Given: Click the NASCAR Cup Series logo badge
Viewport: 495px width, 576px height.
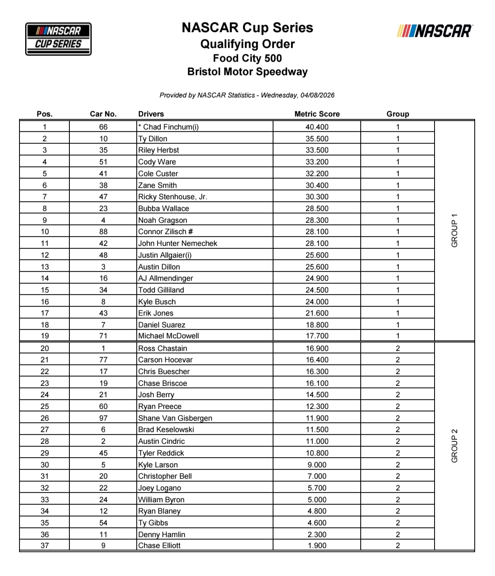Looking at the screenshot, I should point(58,39).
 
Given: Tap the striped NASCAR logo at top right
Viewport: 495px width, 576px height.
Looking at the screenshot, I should point(435,31).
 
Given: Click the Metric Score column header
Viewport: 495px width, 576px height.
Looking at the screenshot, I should point(317,114).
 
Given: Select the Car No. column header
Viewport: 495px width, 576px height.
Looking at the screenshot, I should point(103,114).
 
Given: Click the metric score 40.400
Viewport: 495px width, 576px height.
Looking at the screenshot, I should point(317,127).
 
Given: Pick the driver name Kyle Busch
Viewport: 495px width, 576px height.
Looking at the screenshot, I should point(157,302).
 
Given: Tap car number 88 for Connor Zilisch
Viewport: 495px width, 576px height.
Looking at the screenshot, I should point(103,232).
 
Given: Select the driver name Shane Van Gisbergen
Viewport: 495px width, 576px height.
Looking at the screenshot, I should point(175,418).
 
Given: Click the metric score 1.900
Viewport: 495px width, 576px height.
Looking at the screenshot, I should point(317,546).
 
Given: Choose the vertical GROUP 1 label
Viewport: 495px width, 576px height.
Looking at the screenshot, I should point(454,230).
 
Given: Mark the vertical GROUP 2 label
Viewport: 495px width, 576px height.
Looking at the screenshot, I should point(454,446).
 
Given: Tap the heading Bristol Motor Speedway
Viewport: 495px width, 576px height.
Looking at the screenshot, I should point(247,72).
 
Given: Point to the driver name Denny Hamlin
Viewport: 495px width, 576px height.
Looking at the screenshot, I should point(161,535).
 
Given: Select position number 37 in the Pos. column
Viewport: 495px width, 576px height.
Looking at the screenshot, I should point(45,546).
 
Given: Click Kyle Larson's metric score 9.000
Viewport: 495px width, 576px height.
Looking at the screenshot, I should point(317,465).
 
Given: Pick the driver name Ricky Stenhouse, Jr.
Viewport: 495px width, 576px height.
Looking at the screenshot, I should point(173,197).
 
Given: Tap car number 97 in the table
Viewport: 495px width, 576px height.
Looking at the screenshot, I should point(103,418).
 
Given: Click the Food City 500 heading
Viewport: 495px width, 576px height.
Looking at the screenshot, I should point(247,58).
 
